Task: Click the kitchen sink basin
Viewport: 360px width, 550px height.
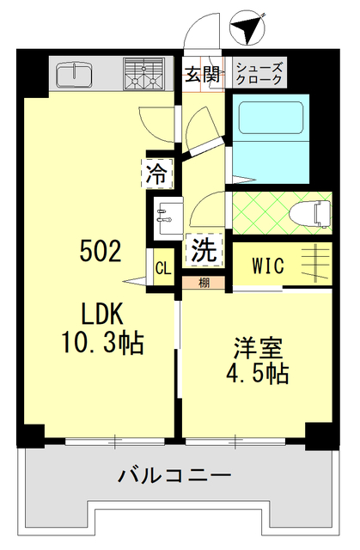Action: click(x=73, y=75)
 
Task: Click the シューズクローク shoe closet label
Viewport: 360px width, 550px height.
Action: click(x=259, y=73)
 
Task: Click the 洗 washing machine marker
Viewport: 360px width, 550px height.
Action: click(x=204, y=250)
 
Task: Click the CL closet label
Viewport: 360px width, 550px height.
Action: click(x=162, y=267)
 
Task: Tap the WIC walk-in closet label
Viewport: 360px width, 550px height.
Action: click(x=268, y=266)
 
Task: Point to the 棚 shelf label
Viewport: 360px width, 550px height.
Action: click(x=204, y=283)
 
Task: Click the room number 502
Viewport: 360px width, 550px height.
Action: click(x=101, y=252)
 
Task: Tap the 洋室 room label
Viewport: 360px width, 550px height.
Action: click(x=259, y=350)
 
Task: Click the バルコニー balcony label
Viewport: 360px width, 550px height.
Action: click(x=175, y=474)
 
